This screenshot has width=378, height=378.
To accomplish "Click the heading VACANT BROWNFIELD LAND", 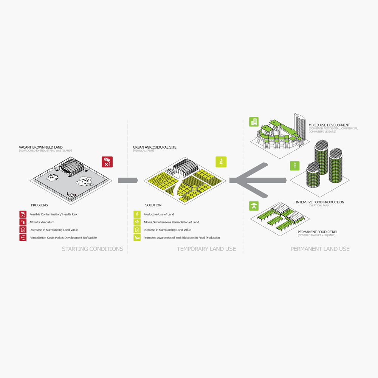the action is pos(41,147).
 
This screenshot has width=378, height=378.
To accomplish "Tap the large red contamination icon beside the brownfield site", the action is pos(107,162).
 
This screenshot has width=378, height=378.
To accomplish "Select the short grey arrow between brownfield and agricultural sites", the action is pos(128,180).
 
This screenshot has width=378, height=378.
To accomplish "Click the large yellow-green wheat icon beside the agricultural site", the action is pos(221,162).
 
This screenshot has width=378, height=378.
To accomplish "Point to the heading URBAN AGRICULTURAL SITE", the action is pos(155,147).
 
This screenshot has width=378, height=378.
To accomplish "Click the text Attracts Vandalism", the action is pos(42,222).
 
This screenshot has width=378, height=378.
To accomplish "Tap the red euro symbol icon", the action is pos(23,237).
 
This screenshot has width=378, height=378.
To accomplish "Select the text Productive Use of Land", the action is pos(159,214).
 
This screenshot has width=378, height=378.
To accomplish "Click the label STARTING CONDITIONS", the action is pos(92,249).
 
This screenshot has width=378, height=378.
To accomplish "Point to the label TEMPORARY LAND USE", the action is pos(206,249).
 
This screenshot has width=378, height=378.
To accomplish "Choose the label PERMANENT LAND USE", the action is pos(320,249).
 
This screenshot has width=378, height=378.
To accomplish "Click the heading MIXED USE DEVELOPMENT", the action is pos(329,125).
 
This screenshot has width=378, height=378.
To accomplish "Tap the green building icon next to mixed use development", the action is pos(254,122).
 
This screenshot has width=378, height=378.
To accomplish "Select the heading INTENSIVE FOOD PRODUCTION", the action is pos(320,202).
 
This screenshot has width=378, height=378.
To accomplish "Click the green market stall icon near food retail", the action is pos(254,206).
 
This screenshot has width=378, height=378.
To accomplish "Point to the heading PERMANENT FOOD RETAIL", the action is pos(318,232).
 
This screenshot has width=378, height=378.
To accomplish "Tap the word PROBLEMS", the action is pos(40,205).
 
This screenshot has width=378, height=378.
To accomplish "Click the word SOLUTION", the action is pos(153,205).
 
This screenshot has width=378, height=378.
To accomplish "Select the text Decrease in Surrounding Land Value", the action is pos(54,230).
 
